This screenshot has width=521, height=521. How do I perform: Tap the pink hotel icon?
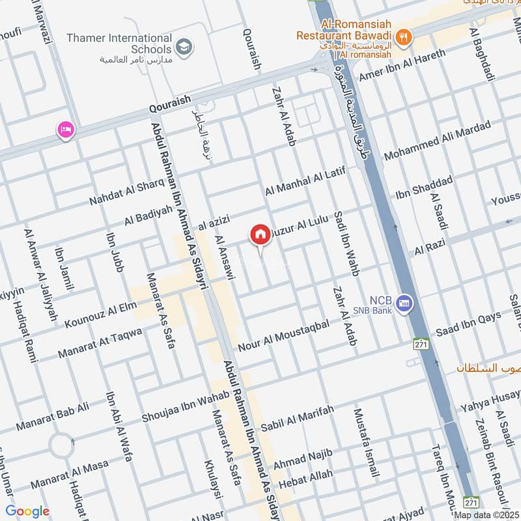pyautogui.click(x=66, y=130)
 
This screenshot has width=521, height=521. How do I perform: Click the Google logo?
pyautogui.click(x=27, y=511)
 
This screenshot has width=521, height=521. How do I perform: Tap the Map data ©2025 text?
pyautogui.click(x=486, y=515)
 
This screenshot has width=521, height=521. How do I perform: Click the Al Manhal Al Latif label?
pyautogui.click(x=305, y=181)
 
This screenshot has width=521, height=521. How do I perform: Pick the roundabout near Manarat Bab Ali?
pyautogui.click(x=61, y=446)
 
